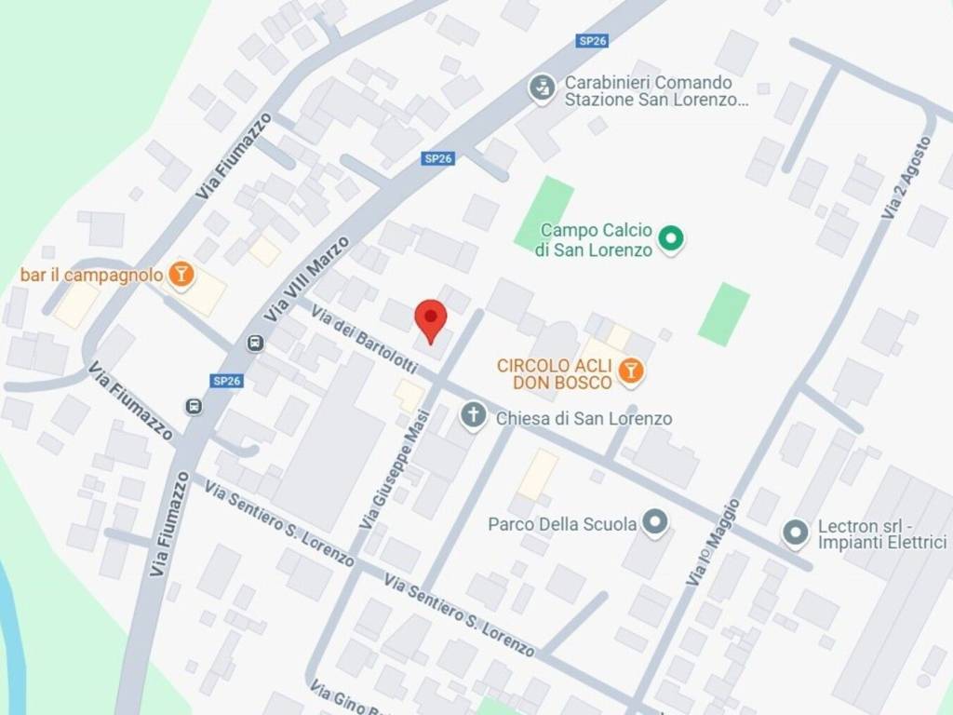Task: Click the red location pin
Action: pyautogui.click(x=430, y=320)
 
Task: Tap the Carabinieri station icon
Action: pyautogui.click(x=540, y=90)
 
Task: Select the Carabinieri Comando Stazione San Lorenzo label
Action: pyautogui.click(x=656, y=91)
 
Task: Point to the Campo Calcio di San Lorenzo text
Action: pyautogui.click(x=596, y=239)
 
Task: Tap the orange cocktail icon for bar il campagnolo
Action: pyautogui.click(x=181, y=274)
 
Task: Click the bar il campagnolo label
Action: pyautogui.click(x=92, y=275)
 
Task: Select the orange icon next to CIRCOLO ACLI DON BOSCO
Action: pyautogui.click(x=632, y=372)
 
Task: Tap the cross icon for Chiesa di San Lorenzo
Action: pyautogui.click(x=474, y=415)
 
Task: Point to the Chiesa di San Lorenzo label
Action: pyautogui.click(x=584, y=418)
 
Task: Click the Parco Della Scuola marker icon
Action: pyautogui.click(x=656, y=522)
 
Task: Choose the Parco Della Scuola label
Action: pyautogui.click(x=562, y=524)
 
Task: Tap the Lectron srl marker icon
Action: pyautogui.click(x=795, y=533)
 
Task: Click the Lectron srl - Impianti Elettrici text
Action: pyautogui.click(x=881, y=534)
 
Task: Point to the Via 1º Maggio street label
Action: pyautogui.click(x=713, y=543)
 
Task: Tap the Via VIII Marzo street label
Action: pyautogui.click(x=307, y=278)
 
